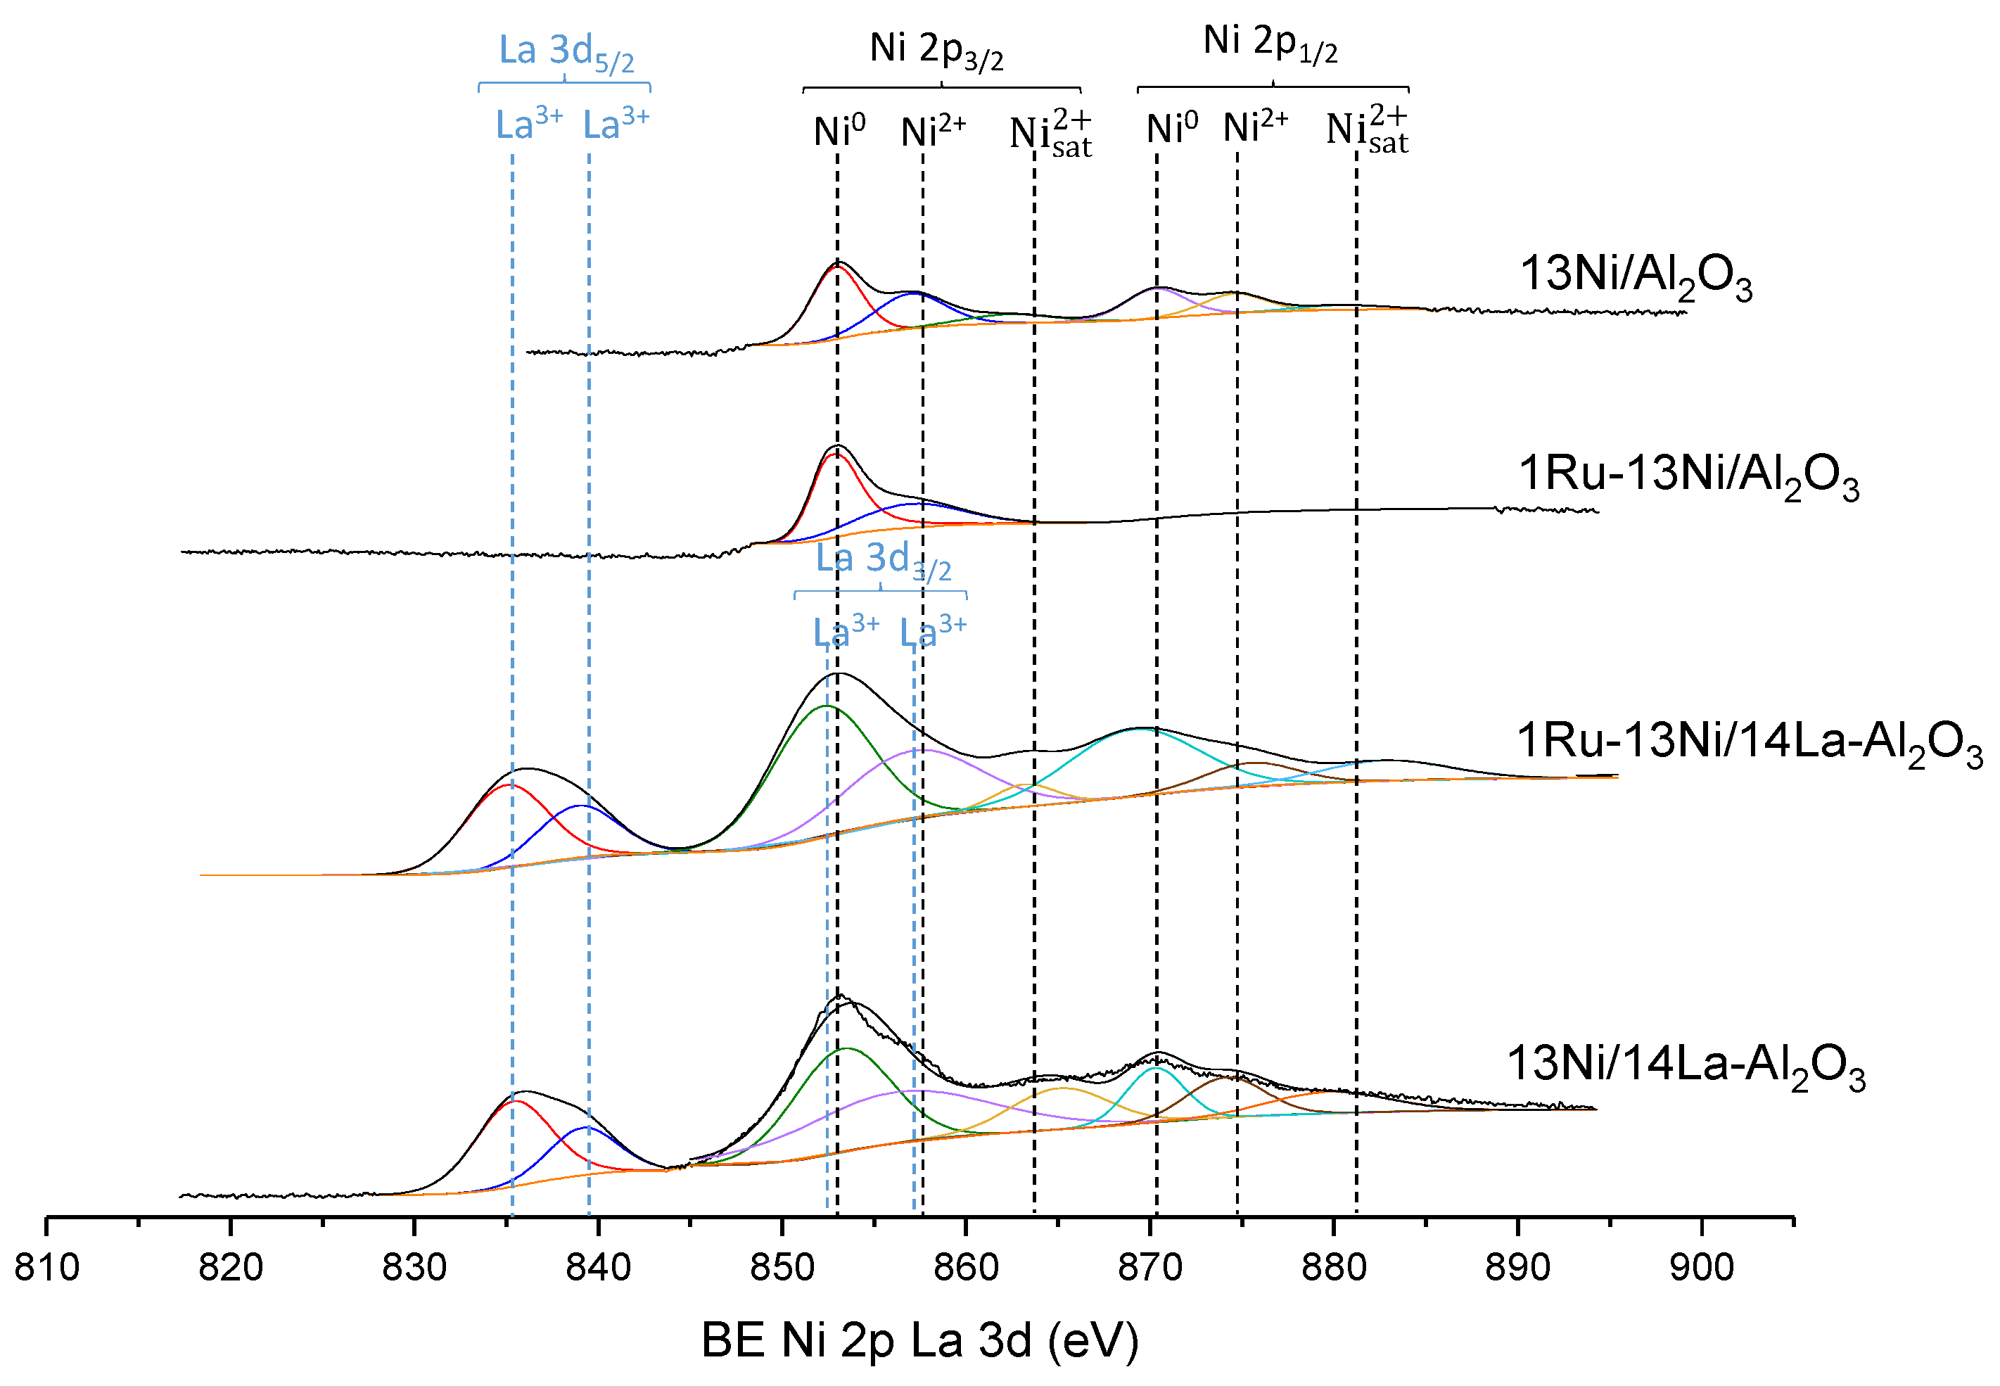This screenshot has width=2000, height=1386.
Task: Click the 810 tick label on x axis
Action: point(47,1268)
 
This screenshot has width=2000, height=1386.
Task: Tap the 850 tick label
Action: point(782,1268)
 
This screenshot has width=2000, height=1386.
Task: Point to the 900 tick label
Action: point(1701,1268)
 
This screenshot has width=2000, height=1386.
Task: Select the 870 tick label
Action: point(1149,1268)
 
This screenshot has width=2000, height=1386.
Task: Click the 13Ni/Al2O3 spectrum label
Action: point(1636,276)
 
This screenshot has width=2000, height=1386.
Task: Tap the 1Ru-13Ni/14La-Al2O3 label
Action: point(1749,744)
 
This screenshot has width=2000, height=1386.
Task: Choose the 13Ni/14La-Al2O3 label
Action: point(1686,1067)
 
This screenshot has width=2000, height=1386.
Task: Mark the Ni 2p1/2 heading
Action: point(1270,44)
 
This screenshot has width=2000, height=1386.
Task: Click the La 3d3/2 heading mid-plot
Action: point(882,560)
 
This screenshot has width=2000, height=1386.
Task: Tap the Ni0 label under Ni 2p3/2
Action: point(839,131)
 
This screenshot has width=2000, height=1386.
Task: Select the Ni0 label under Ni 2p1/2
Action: point(1171,129)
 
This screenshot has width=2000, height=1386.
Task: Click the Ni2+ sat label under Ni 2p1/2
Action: point(1367,130)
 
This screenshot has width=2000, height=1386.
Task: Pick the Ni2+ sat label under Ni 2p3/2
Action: point(1050,134)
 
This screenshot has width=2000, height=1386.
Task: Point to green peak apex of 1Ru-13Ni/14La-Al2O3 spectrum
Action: point(827,706)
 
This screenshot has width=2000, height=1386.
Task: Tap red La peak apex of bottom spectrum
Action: point(516,1101)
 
